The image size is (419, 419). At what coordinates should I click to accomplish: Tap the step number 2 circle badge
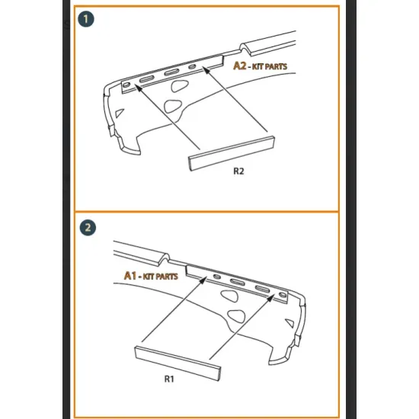(x=88, y=228)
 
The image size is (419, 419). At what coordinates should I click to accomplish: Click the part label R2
(x=238, y=171)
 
